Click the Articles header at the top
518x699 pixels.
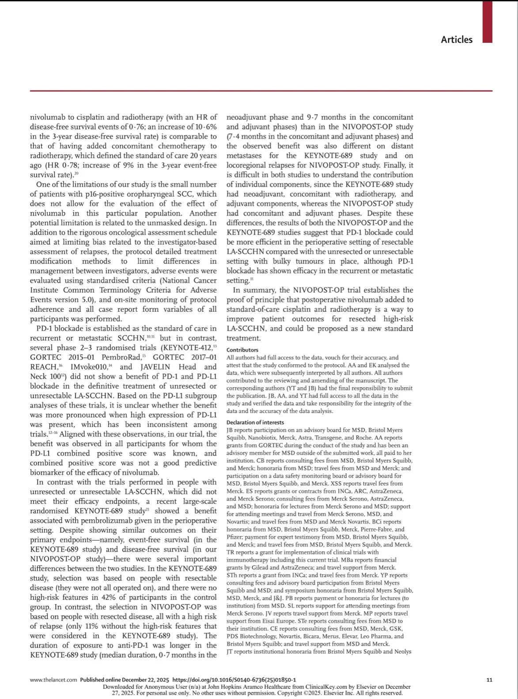coord(456,40)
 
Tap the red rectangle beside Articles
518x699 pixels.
coord(487,22)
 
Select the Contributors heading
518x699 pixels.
coord(242,350)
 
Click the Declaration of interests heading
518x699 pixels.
coord(255,423)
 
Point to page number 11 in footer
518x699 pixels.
coord(489,680)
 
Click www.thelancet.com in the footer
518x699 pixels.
coord(53,680)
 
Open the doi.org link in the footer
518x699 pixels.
coord(234,680)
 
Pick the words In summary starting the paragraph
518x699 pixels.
coord(251,290)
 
